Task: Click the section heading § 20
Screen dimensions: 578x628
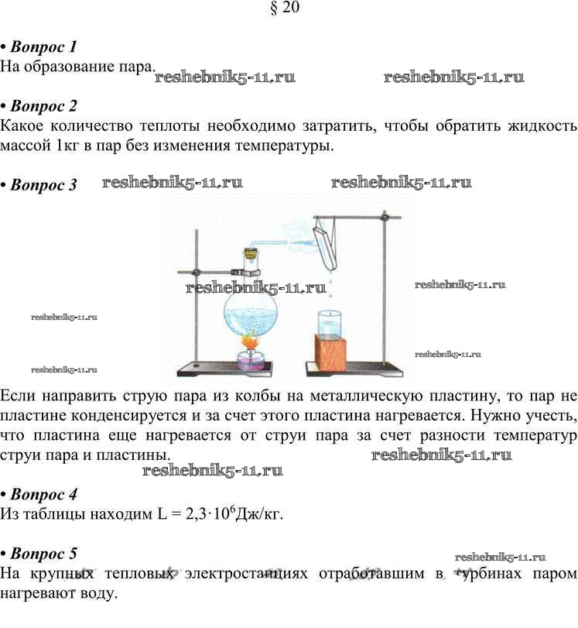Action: coord(285,7)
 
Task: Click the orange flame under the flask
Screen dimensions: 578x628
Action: coord(250,342)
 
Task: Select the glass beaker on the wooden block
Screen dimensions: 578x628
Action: coord(330,322)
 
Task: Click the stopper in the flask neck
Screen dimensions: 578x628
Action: coord(251,253)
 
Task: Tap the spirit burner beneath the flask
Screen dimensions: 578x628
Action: coord(250,359)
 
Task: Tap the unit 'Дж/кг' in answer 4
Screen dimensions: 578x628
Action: coord(258,513)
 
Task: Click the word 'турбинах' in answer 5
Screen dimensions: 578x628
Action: coord(488,573)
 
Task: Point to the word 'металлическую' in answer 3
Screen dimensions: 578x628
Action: coord(366,396)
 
